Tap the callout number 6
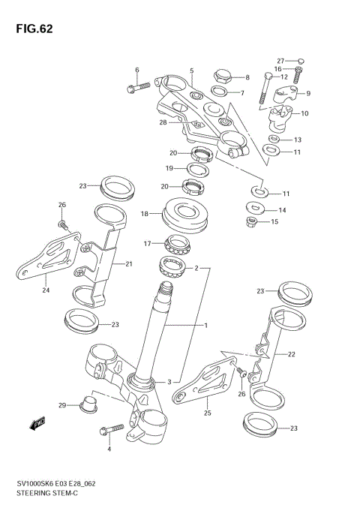pos(137,70)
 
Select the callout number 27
pos(280,61)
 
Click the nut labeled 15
pos(252,221)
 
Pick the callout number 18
pos(145,214)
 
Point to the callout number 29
pos(63,405)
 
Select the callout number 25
pos(208,412)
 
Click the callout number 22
pos(292,353)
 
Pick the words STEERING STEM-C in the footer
pos(46,495)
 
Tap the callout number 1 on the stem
pos(205,325)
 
